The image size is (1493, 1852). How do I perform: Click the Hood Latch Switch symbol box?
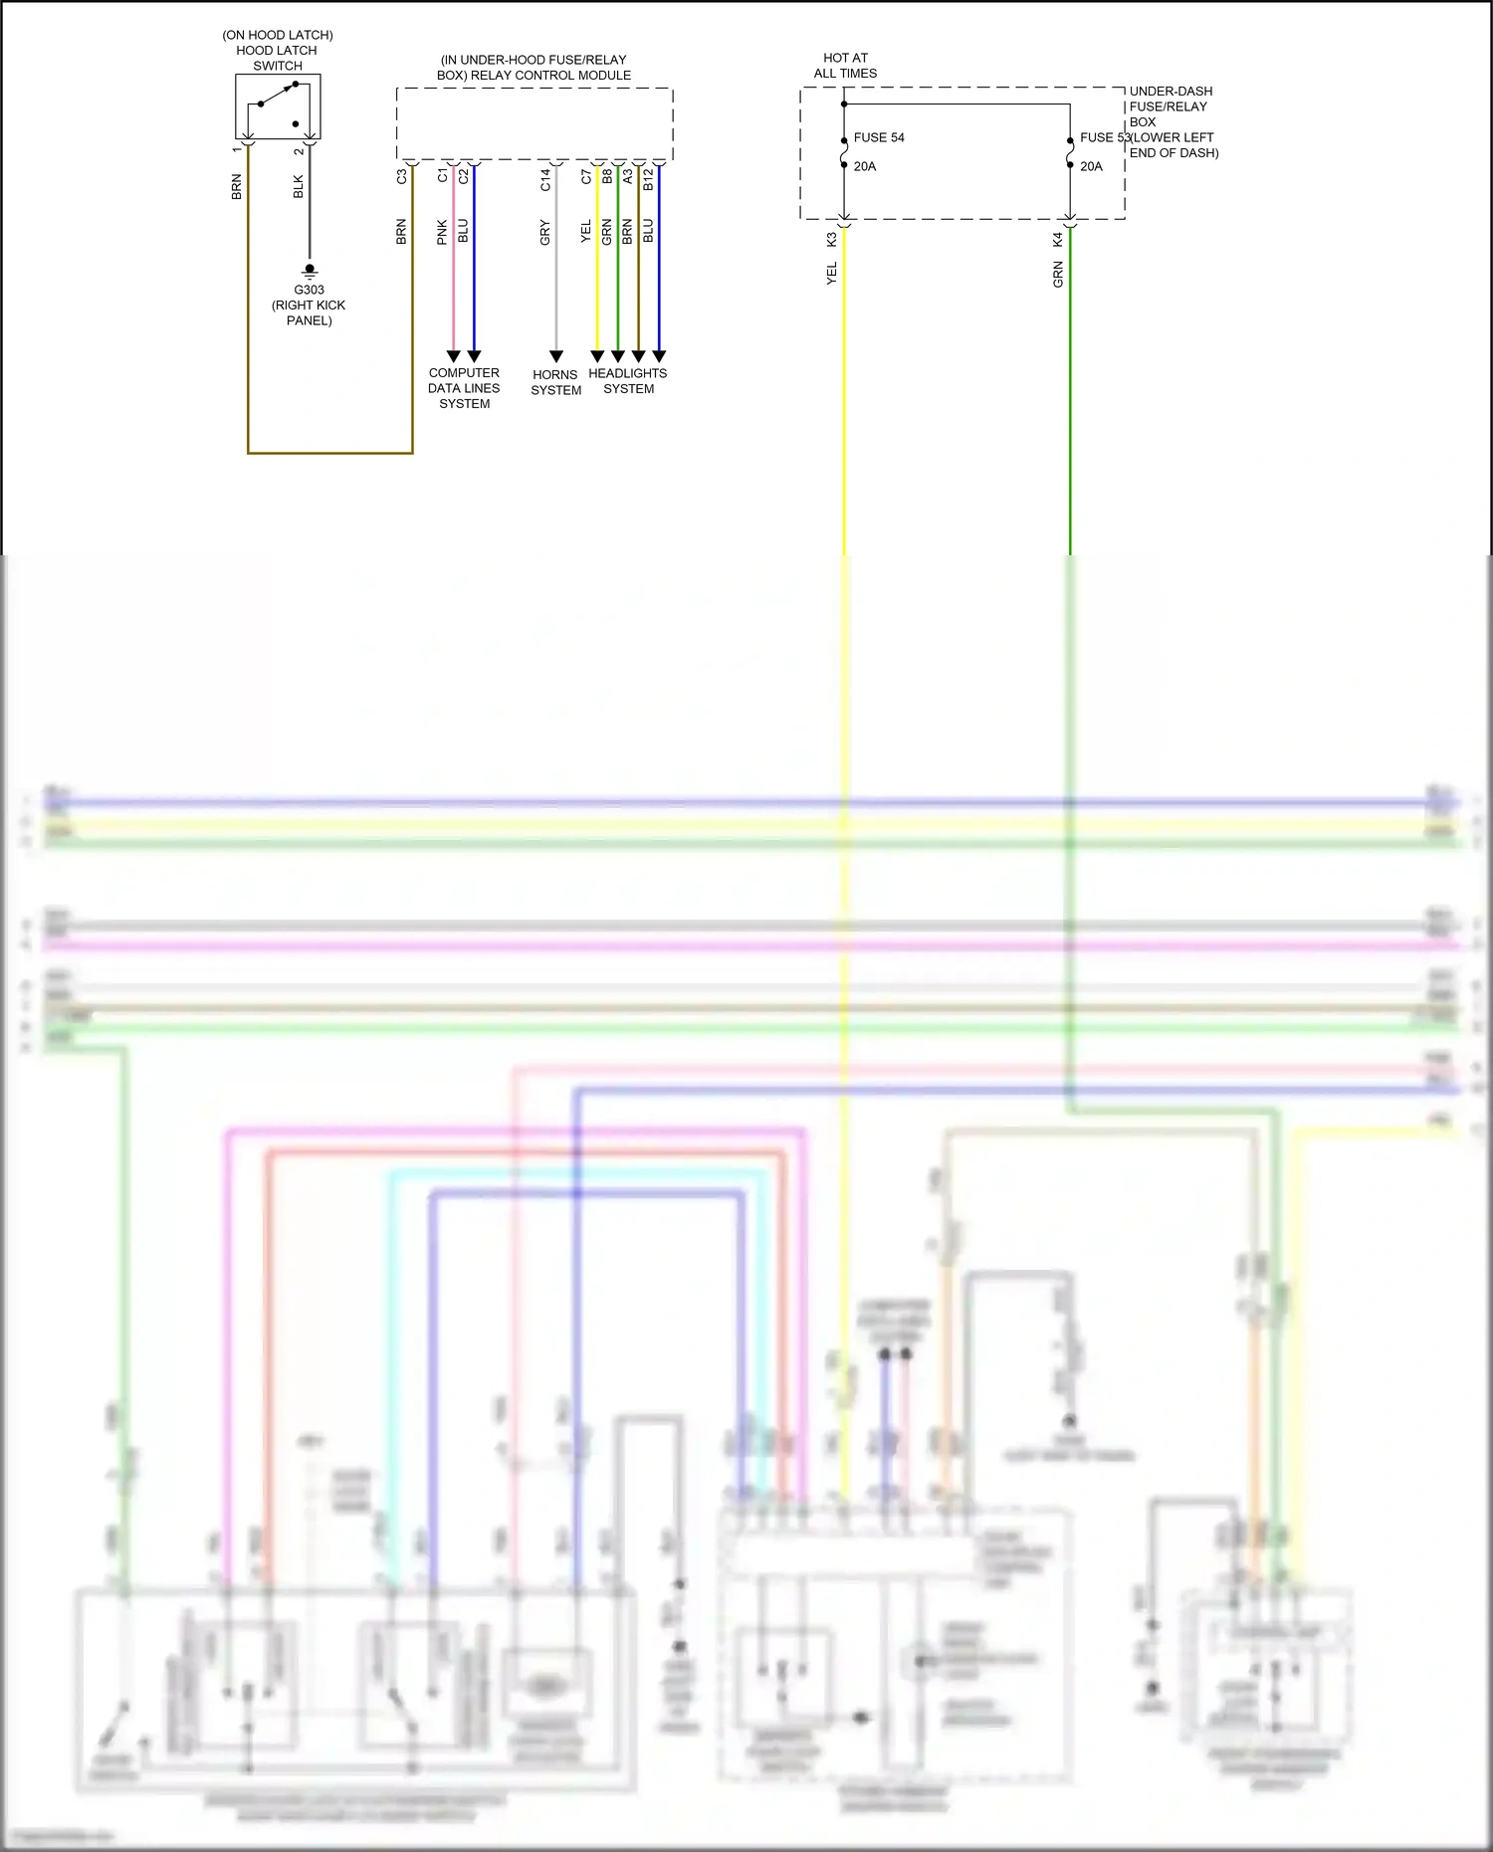(x=278, y=107)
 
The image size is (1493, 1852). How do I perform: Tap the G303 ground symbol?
(x=310, y=270)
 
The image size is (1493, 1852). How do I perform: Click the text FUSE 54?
(x=879, y=137)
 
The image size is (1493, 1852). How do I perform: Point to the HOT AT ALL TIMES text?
(x=845, y=66)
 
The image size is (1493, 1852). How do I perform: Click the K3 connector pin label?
(x=832, y=240)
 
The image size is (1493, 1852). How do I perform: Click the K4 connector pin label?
(x=1058, y=240)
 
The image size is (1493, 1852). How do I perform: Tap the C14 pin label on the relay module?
(x=545, y=180)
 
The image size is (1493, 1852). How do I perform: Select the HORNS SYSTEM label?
(x=555, y=383)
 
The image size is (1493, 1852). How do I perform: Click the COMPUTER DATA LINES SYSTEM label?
(x=464, y=388)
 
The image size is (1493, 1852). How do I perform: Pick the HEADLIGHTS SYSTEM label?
(x=628, y=381)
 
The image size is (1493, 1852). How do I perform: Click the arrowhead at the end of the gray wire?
(x=556, y=356)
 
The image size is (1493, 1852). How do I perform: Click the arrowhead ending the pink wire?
(x=454, y=356)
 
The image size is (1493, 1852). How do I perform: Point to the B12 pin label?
(x=648, y=180)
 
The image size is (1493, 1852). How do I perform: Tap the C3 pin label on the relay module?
(x=402, y=176)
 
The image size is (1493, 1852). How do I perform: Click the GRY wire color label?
(x=545, y=232)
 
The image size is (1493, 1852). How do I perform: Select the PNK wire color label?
(x=443, y=232)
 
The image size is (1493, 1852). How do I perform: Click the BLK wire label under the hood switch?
(x=299, y=187)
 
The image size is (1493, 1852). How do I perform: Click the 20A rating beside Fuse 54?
(x=865, y=166)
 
